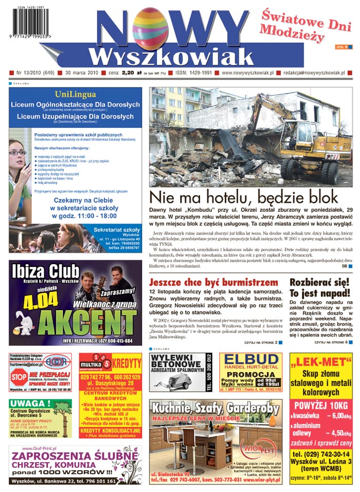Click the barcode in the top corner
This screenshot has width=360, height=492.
click(x=29, y=23)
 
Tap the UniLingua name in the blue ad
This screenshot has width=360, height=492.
click(x=75, y=94)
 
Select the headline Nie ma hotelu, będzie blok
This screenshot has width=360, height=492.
click(x=243, y=197)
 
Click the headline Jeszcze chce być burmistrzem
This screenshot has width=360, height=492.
click(x=213, y=283)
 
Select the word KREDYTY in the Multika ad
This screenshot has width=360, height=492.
click(x=127, y=362)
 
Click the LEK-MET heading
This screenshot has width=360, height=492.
click(x=320, y=363)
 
